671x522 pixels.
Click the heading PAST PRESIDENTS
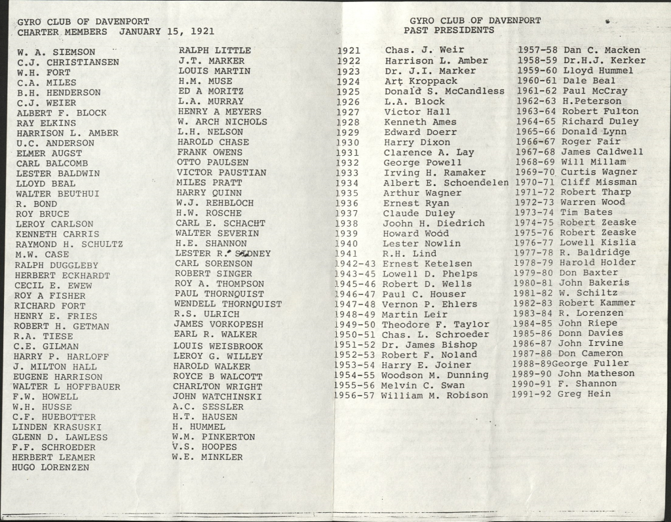point(449,30)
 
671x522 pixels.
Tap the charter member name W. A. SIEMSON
point(56,52)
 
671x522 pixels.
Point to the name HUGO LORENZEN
point(50,468)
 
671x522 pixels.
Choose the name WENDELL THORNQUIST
point(228,304)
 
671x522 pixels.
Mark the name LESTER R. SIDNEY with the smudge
point(223,253)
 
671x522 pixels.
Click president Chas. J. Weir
point(424,50)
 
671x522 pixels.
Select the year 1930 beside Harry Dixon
point(347,142)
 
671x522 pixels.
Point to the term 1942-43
point(356,263)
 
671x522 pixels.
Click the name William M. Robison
point(434,395)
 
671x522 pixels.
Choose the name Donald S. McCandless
point(444,91)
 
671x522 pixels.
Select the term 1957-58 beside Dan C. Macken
point(537,50)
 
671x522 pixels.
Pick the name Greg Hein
point(584,394)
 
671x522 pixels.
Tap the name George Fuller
point(590,364)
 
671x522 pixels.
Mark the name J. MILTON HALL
point(54,367)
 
